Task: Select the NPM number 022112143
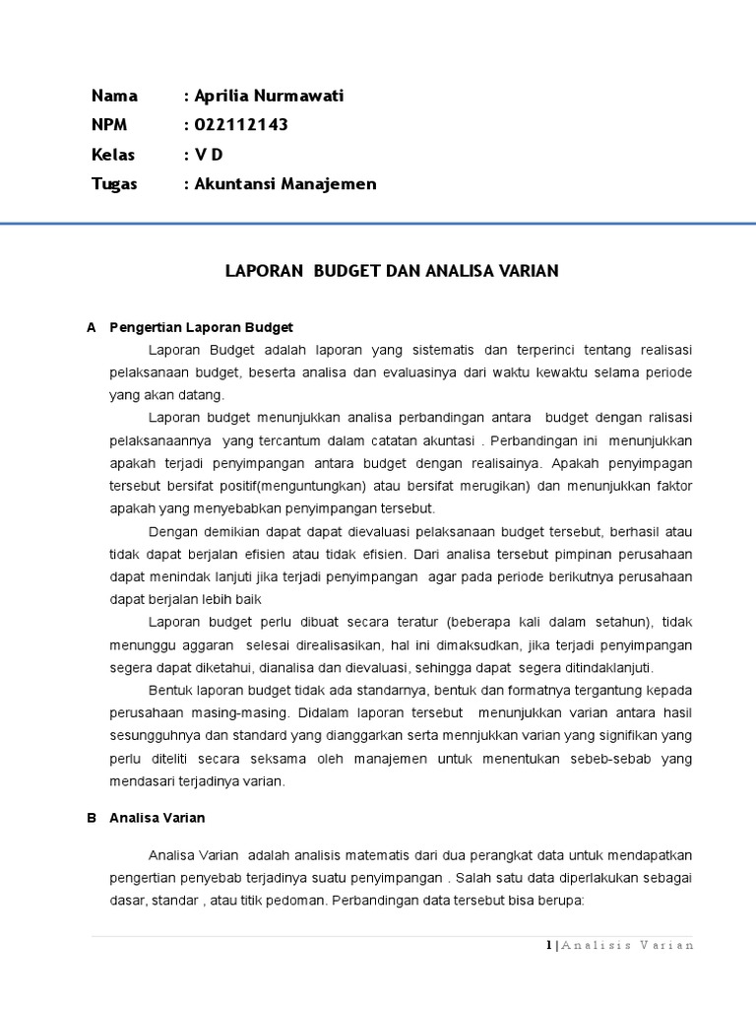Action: [240, 125]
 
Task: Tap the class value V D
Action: [210, 155]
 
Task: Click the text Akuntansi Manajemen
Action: [284, 184]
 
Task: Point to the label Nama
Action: [114, 96]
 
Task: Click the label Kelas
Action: [113, 155]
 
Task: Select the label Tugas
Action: [114, 184]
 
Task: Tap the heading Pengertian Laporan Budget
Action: [202, 327]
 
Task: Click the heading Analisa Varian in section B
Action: [157, 818]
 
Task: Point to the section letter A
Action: [92, 327]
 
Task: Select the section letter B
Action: [92, 818]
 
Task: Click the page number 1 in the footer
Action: [548, 945]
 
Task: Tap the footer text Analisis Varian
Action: [628, 945]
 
